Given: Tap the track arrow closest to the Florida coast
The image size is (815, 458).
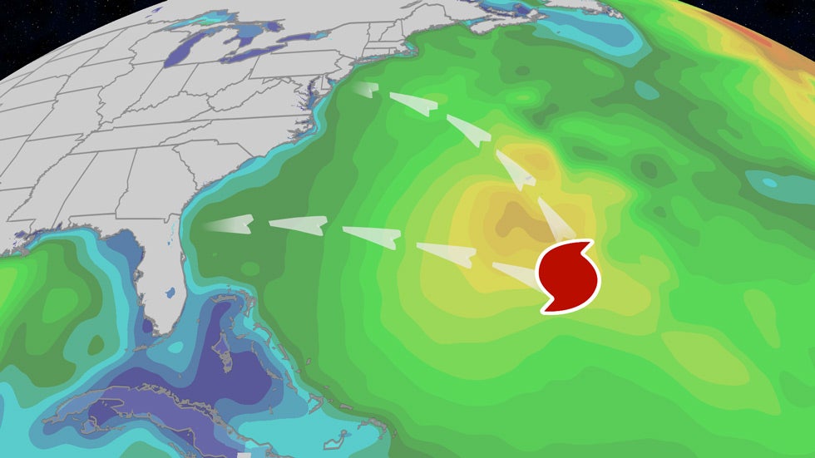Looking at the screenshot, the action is coord(228,223).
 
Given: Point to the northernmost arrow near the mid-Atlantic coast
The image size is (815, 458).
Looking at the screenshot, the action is coord(367,90).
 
